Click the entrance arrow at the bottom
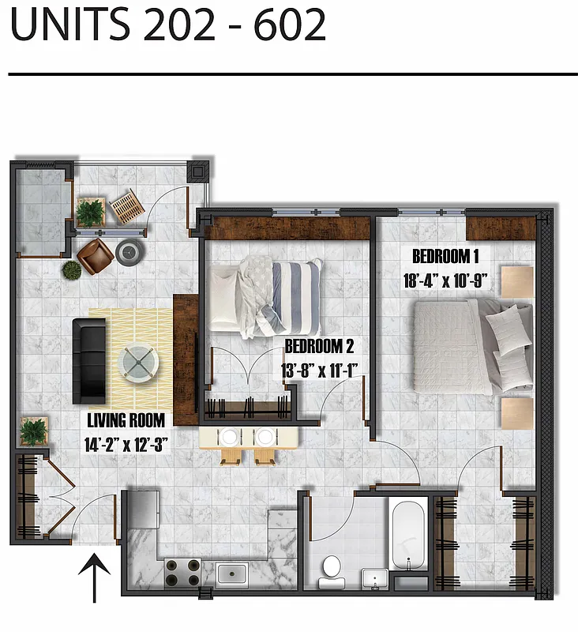click(94, 577)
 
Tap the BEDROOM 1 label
click(445, 256)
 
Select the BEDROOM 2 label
click(318, 346)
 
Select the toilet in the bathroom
click(331, 568)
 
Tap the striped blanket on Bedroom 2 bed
click(296, 296)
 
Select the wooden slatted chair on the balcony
click(125, 206)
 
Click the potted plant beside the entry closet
click(33, 431)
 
